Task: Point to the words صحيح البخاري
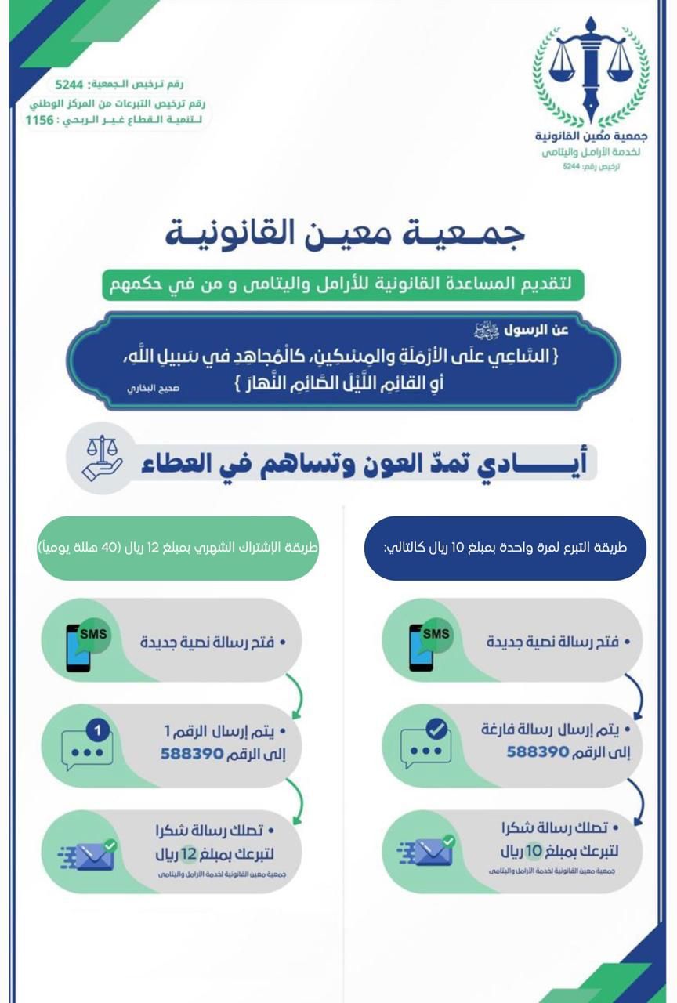154,388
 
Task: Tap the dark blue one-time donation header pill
505,548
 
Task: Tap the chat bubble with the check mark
428,744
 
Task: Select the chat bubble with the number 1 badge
88,744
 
